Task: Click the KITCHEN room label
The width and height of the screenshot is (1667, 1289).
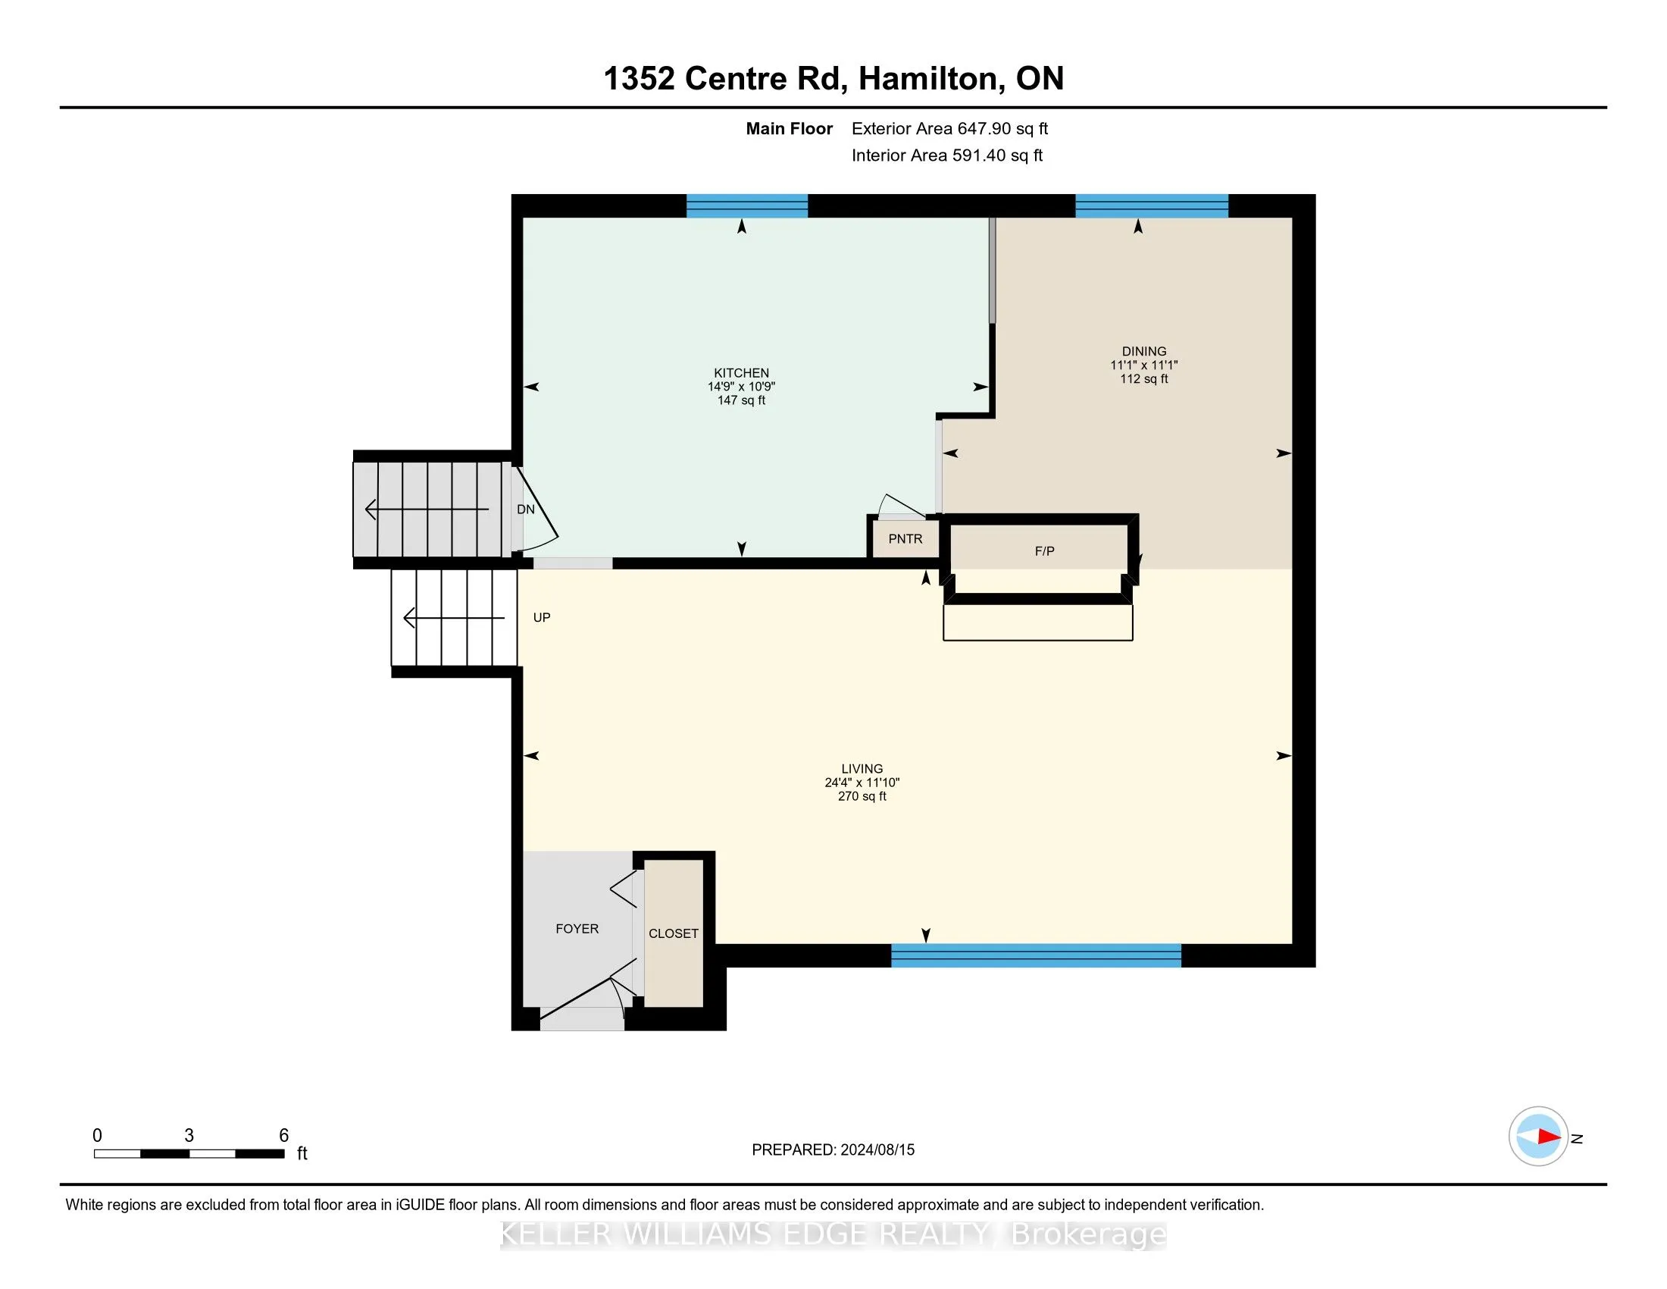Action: click(x=741, y=372)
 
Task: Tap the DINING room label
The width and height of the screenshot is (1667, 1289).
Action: click(x=1144, y=351)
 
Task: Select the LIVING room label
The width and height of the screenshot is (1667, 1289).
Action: click(x=862, y=769)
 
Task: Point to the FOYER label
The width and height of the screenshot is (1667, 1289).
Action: click(x=577, y=929)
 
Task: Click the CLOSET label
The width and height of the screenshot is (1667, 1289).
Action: click(x=673, y=933)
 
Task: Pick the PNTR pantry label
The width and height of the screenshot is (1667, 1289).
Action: click(x=905, y=538)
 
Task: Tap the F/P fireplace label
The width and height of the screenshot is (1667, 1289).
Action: click(x=1044, y=550)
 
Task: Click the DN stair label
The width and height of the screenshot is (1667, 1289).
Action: click(x=526, y=510)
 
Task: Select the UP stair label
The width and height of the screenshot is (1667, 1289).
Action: click(x=542, y=617)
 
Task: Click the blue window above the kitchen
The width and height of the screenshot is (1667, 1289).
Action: click(x=747, y=206)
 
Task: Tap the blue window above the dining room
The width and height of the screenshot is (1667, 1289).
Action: click(x=1152, y=206)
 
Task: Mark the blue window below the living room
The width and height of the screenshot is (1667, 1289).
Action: click(x=1037, y=955)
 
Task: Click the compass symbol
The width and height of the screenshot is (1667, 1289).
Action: click(x=1538, y=1136)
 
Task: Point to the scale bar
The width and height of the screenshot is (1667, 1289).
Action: click(x=189, y=1153)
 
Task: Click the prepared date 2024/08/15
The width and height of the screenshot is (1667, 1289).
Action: click(x=877, y=1149)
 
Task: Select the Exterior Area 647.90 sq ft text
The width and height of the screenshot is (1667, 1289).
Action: click(x=949, y=128)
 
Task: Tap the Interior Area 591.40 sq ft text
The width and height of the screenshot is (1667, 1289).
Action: click(x=947, y=155)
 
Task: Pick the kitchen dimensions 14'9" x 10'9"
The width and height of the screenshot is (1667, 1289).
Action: click(x=741, y=387)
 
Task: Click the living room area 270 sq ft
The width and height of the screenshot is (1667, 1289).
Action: click(x=862, y=795)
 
